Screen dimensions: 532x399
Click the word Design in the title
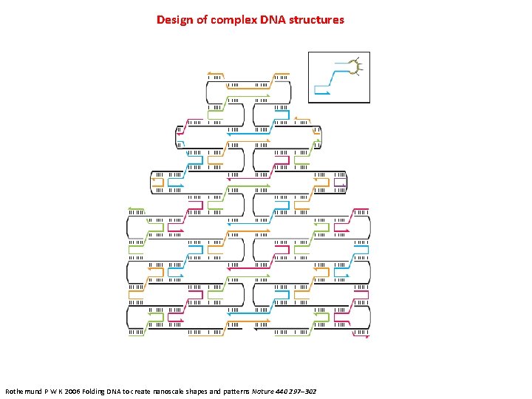(173, 20)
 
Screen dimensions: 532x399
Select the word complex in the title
(231, 20)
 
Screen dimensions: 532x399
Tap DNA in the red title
(270, 20)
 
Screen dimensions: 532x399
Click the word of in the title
(200, 20)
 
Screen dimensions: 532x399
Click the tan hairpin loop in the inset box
(356, 66)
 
